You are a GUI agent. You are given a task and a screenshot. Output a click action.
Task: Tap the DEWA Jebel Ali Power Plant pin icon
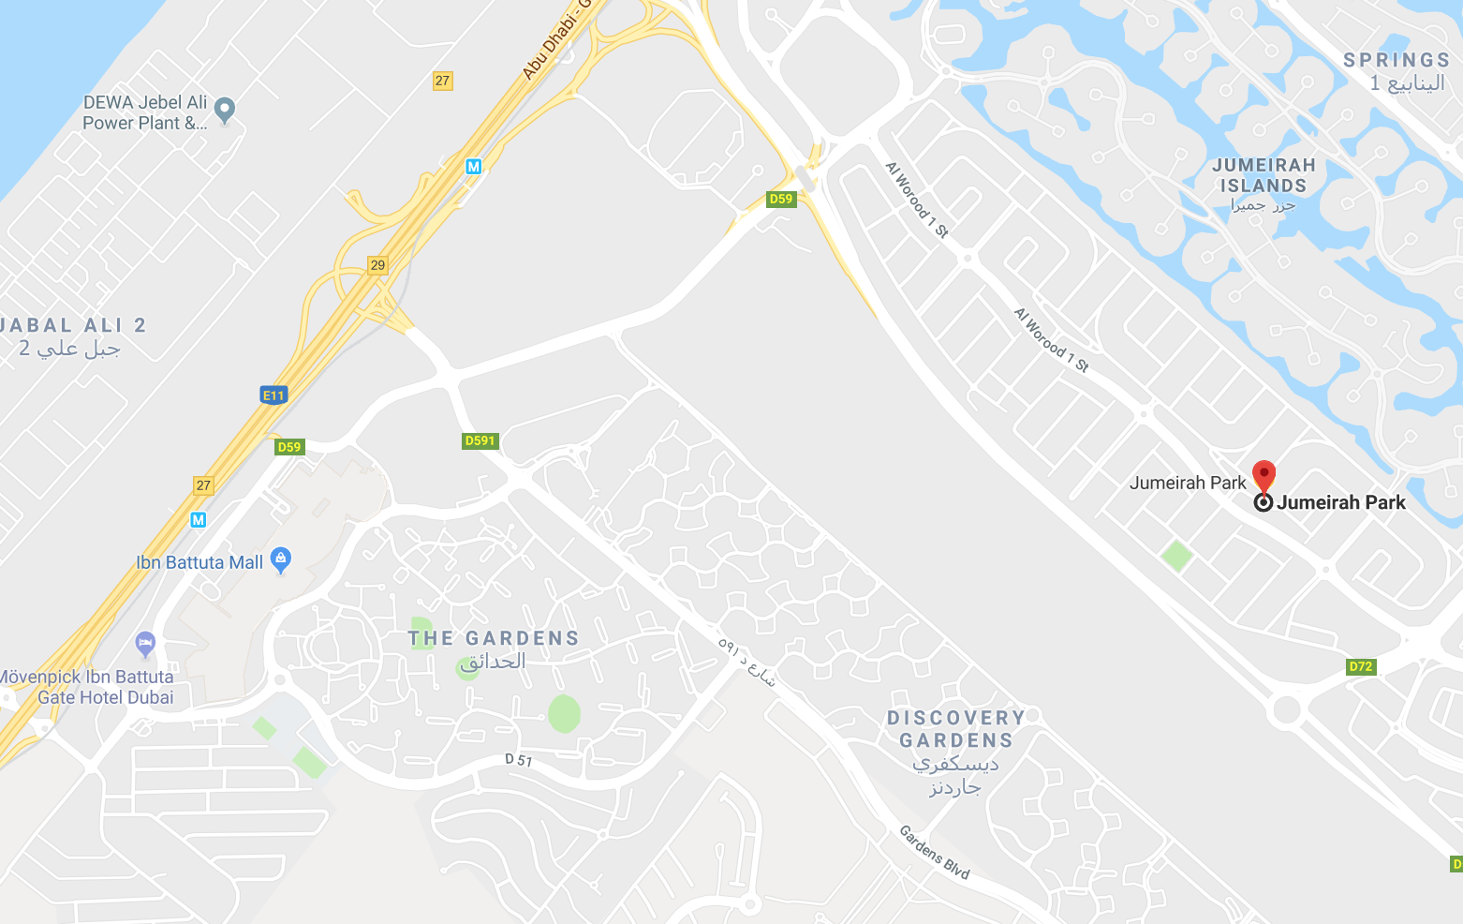tap(225, 110)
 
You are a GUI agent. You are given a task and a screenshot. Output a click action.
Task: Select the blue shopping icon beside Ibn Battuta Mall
tap(280, 560)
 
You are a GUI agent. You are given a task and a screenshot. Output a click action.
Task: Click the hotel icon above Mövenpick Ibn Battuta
tap(145, 644)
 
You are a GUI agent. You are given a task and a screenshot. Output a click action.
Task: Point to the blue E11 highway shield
tap(273, 395)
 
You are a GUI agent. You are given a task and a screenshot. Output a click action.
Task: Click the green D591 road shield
tap(480, 440)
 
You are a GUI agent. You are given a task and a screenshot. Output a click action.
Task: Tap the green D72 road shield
tap(1360, 667)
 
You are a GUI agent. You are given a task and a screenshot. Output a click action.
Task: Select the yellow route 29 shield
tap(377, 265)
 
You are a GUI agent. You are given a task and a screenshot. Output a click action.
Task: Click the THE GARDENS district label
tap(494, 639)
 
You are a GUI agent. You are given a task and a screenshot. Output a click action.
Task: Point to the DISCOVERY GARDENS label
tap(955, 729)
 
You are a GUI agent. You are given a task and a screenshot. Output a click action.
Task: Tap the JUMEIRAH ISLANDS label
tap(1263, 175)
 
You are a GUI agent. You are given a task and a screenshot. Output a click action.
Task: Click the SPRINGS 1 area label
tap(1396, 71)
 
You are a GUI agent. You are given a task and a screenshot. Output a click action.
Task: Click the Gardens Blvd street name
tap(934, 852)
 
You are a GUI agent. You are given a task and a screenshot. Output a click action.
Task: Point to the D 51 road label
tap(518, 760)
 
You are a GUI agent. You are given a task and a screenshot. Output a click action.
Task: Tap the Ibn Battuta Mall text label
tap(199, 562)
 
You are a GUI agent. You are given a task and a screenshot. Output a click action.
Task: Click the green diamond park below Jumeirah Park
tap(1177, 556)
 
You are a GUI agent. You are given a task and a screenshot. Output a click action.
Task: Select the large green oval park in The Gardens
tap(564, 714)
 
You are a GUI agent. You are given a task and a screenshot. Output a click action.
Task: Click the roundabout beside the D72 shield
tap(1287, 709)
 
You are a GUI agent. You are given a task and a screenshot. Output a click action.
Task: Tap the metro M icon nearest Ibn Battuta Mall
tap(198, 520)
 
